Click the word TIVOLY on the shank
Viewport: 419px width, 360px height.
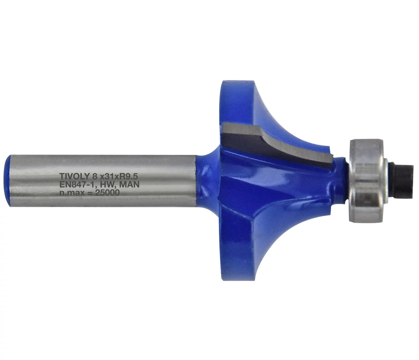pos(74,176)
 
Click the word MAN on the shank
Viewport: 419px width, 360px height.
pos(130,185)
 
